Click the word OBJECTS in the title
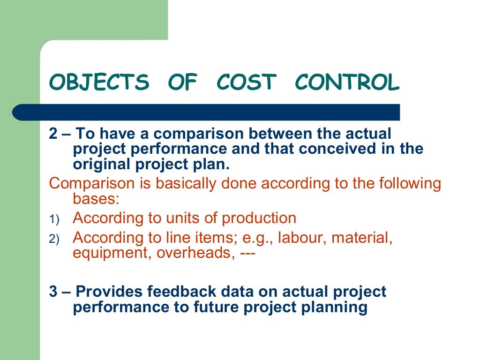(x=99, y=83)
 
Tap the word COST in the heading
(x=246, y=83)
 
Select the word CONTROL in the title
(x=347, y=83)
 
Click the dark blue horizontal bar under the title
(x=206, y=112)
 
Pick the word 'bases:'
(x=97, y=199)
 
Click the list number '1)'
(x=54, y=219)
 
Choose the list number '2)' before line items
(x=54, y=239)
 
